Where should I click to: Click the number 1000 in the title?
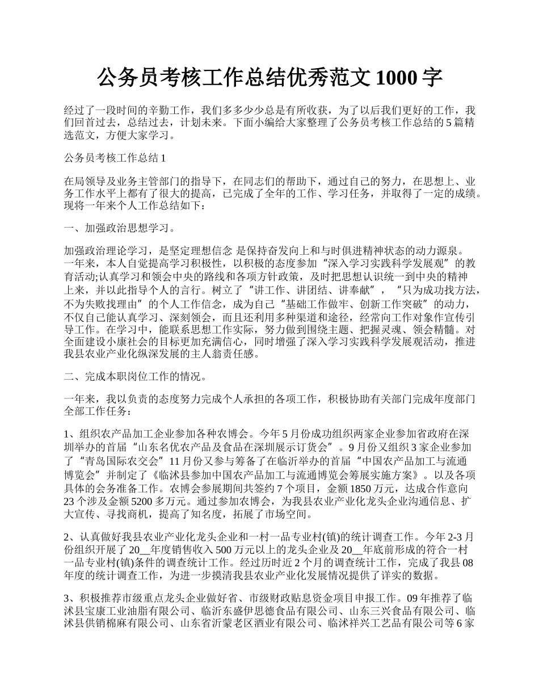click(396, 78)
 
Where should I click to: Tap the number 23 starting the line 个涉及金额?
click(71, 501)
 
